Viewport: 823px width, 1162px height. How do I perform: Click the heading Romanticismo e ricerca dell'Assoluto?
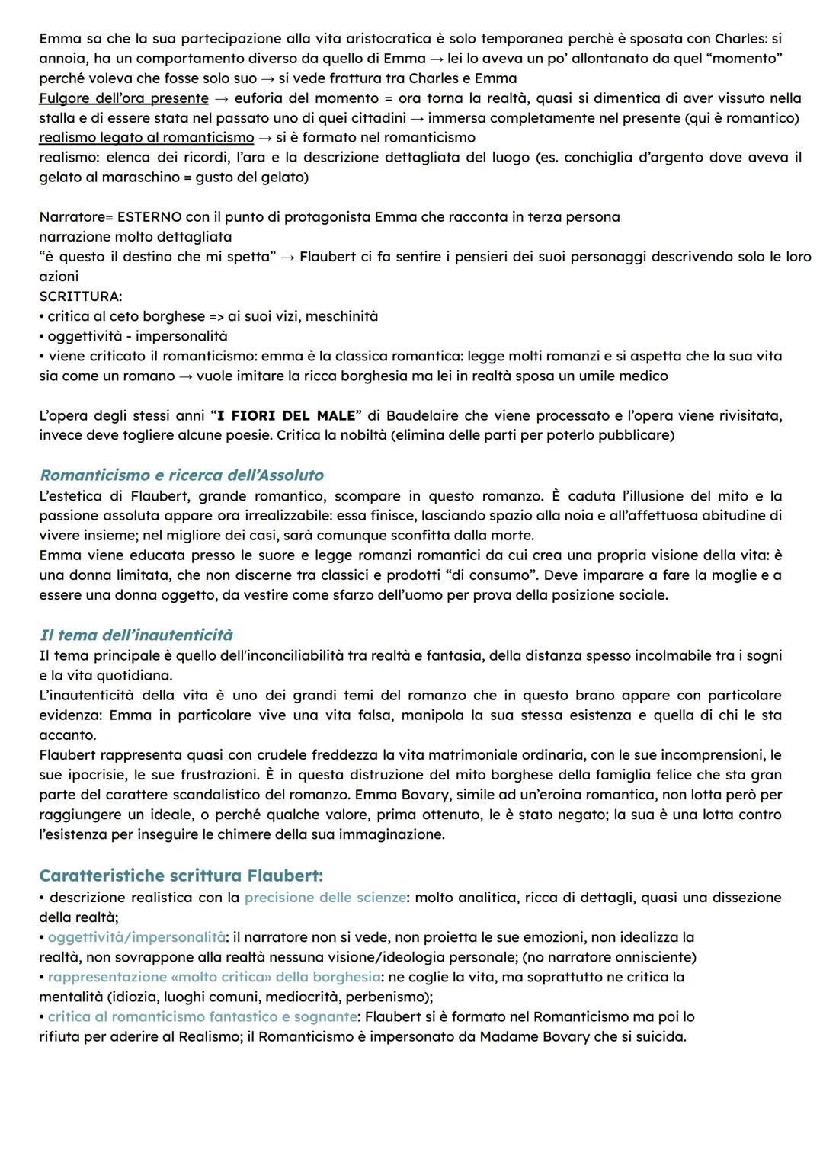pos(181,475)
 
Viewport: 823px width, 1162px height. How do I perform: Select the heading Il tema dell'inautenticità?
pos(136,635)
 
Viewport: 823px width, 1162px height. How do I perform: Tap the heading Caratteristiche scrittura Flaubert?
pos(181,876)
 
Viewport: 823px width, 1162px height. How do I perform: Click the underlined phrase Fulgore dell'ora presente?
pos(123,98)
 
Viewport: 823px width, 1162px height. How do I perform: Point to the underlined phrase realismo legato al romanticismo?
pos(146,138)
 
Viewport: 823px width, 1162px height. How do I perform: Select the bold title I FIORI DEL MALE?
pos(287,416)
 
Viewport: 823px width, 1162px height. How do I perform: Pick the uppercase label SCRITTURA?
pos(80,296)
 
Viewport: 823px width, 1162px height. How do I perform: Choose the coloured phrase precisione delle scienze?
pos(325,898)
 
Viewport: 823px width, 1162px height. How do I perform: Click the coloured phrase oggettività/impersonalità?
pos(136,937)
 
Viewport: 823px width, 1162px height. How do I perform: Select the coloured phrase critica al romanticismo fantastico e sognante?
pos(202,1016)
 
